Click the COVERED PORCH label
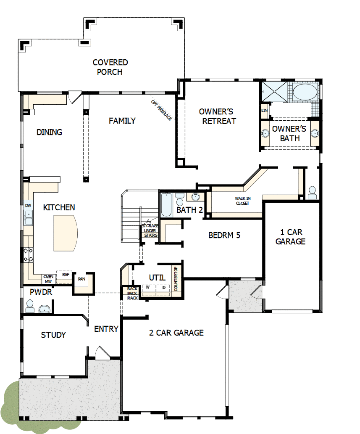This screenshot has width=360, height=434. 110,67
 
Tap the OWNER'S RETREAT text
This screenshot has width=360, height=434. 216,116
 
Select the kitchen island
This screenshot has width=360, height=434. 66,232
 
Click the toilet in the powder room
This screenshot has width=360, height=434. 30,306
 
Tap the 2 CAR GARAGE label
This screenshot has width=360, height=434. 176,333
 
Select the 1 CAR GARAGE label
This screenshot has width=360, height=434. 290,237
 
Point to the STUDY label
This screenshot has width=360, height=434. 53,335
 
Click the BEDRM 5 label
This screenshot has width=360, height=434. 224,235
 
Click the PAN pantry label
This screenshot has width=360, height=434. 81,278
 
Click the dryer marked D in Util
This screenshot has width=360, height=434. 163,288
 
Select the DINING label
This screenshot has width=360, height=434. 49,132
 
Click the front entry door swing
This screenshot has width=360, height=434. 102,352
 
